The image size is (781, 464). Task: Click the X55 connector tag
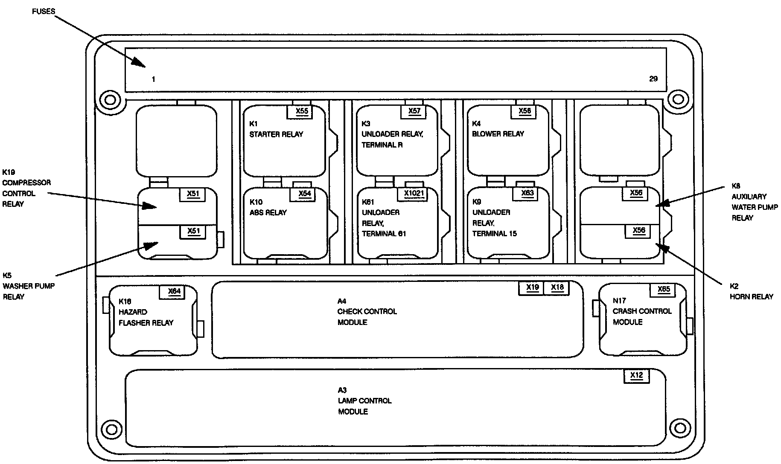tap(302, 111)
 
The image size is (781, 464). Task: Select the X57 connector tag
tap(414, 111)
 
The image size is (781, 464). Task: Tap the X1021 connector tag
tap(414, 194)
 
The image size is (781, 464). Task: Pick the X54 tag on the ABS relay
tap(304, 194)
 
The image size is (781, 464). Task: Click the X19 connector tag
tap(532, 287)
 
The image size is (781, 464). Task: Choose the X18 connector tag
tap(557, 287)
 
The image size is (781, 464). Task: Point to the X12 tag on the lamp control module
tap(636, 376)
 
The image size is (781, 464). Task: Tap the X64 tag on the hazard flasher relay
tap(174, 292)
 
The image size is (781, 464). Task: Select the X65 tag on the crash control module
tap(664, 290)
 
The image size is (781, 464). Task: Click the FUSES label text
tap(44, 12)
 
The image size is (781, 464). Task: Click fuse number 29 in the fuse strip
tap(653, 79)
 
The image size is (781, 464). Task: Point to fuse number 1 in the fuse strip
tap(153, 79)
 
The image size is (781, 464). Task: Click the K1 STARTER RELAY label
tap(276, 129)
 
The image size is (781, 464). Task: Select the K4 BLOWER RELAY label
tap(498, 129)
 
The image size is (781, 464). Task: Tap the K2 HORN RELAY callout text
tap(751, 292)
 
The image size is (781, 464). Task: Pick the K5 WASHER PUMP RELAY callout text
tap(29, 286)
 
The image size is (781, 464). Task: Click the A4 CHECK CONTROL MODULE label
tap(367, 312)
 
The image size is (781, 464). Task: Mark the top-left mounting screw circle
tap(110, 100)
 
